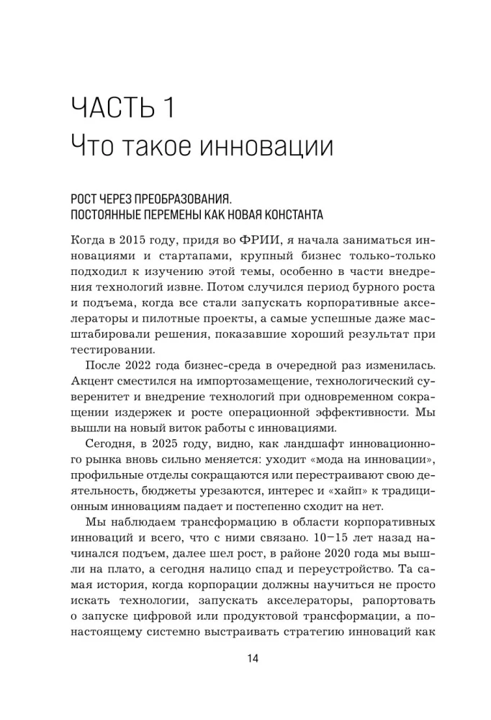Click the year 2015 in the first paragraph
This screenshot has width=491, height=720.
point(143,240)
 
